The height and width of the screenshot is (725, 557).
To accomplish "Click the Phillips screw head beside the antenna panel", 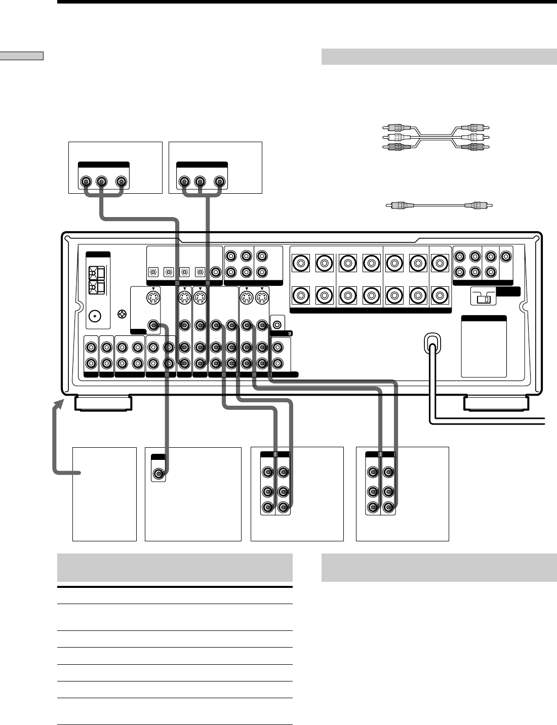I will coord(122,314).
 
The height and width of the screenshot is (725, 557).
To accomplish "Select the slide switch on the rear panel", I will coord(483,297).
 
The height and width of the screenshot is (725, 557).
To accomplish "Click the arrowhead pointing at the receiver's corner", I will coord(61,403).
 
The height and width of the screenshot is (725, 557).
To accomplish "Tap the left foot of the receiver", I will coord(103,403).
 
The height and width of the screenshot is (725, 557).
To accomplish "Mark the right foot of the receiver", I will coord(496,403).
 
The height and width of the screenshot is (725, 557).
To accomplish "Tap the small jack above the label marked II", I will coord(277,322).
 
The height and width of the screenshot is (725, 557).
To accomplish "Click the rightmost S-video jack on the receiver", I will coord(262,298).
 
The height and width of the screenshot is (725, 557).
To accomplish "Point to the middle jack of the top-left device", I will coord(101,181).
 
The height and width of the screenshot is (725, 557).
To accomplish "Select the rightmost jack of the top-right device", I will coord(219,181).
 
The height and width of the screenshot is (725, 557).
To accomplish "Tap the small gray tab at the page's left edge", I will coord(22,56).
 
